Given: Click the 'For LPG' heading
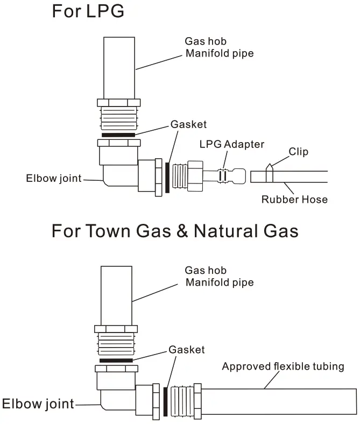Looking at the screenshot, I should coord(88,12).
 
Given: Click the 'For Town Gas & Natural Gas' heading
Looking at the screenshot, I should coord(174,231).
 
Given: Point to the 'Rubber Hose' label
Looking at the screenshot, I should coord(294,200).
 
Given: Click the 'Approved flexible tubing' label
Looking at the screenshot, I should coord(283,367).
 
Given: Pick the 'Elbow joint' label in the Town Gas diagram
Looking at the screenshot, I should coord(38,403).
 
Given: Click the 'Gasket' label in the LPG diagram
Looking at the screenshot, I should coord(188,124).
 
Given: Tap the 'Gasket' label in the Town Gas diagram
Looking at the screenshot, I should coord(187,350).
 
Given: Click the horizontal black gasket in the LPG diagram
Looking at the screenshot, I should coord(118,135).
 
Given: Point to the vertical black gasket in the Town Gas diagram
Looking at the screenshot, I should coord(165,401).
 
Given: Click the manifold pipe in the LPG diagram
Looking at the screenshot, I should coord(118,67).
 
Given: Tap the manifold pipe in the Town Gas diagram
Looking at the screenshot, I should coord(116,295).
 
